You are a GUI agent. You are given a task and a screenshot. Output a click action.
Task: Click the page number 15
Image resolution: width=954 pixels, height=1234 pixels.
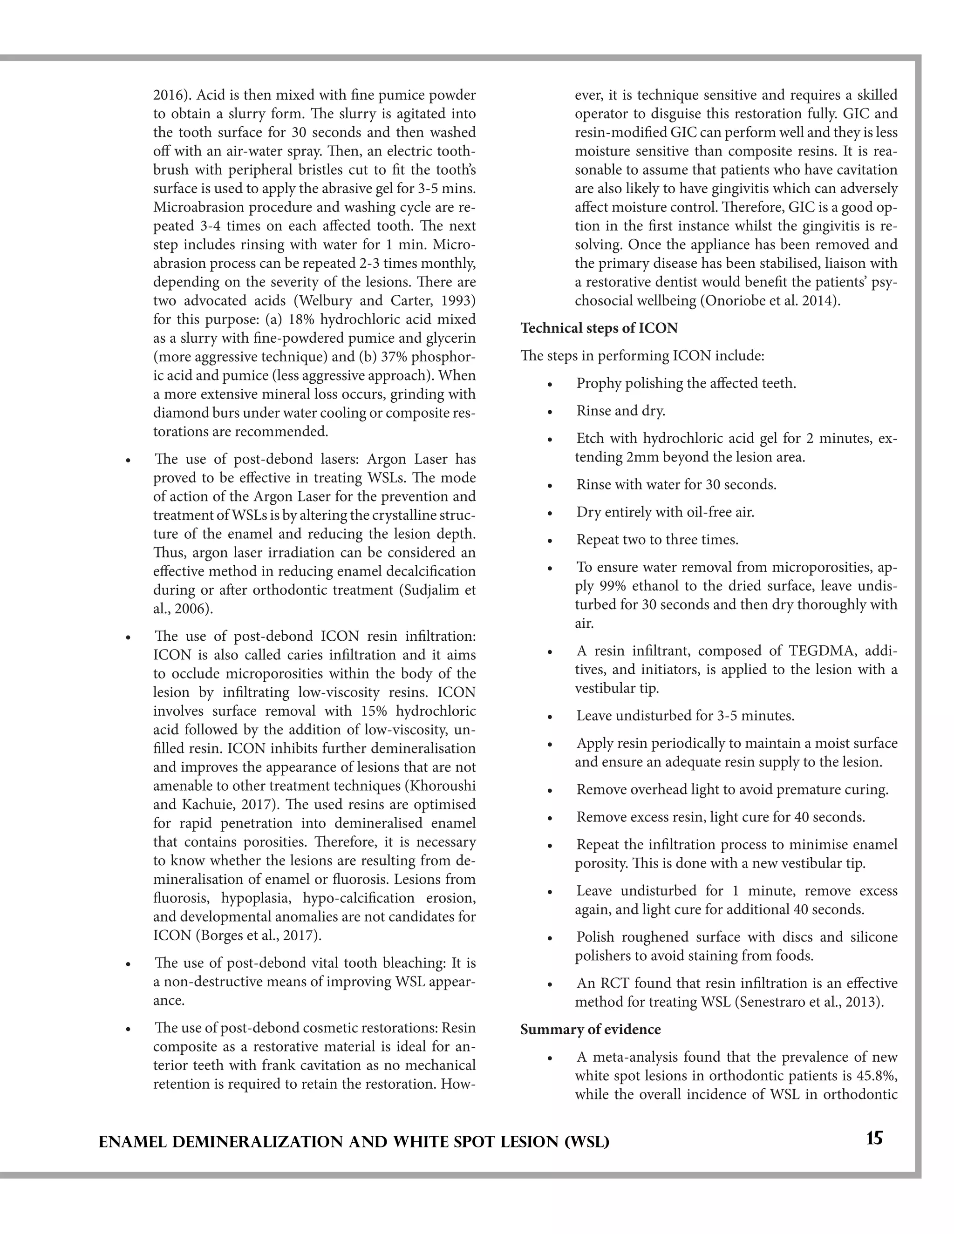(x=874, y=1138)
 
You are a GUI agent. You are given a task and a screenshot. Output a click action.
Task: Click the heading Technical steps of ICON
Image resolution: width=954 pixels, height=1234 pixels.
(x=599, y=328)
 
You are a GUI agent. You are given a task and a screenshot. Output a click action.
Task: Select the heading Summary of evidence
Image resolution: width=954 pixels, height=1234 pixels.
(x=590, y=1030)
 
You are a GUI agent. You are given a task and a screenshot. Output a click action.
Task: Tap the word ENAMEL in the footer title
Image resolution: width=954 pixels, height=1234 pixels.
(x=133, y=1142)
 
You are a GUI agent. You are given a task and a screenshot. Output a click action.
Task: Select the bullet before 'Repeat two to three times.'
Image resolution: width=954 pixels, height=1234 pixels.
(x=549, y=541)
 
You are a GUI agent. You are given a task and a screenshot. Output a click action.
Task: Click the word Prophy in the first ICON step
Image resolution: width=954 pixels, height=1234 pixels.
(x=596, y=384)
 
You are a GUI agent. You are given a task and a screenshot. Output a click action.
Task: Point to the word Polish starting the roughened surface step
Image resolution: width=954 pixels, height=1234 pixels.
(x=595, y=937)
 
